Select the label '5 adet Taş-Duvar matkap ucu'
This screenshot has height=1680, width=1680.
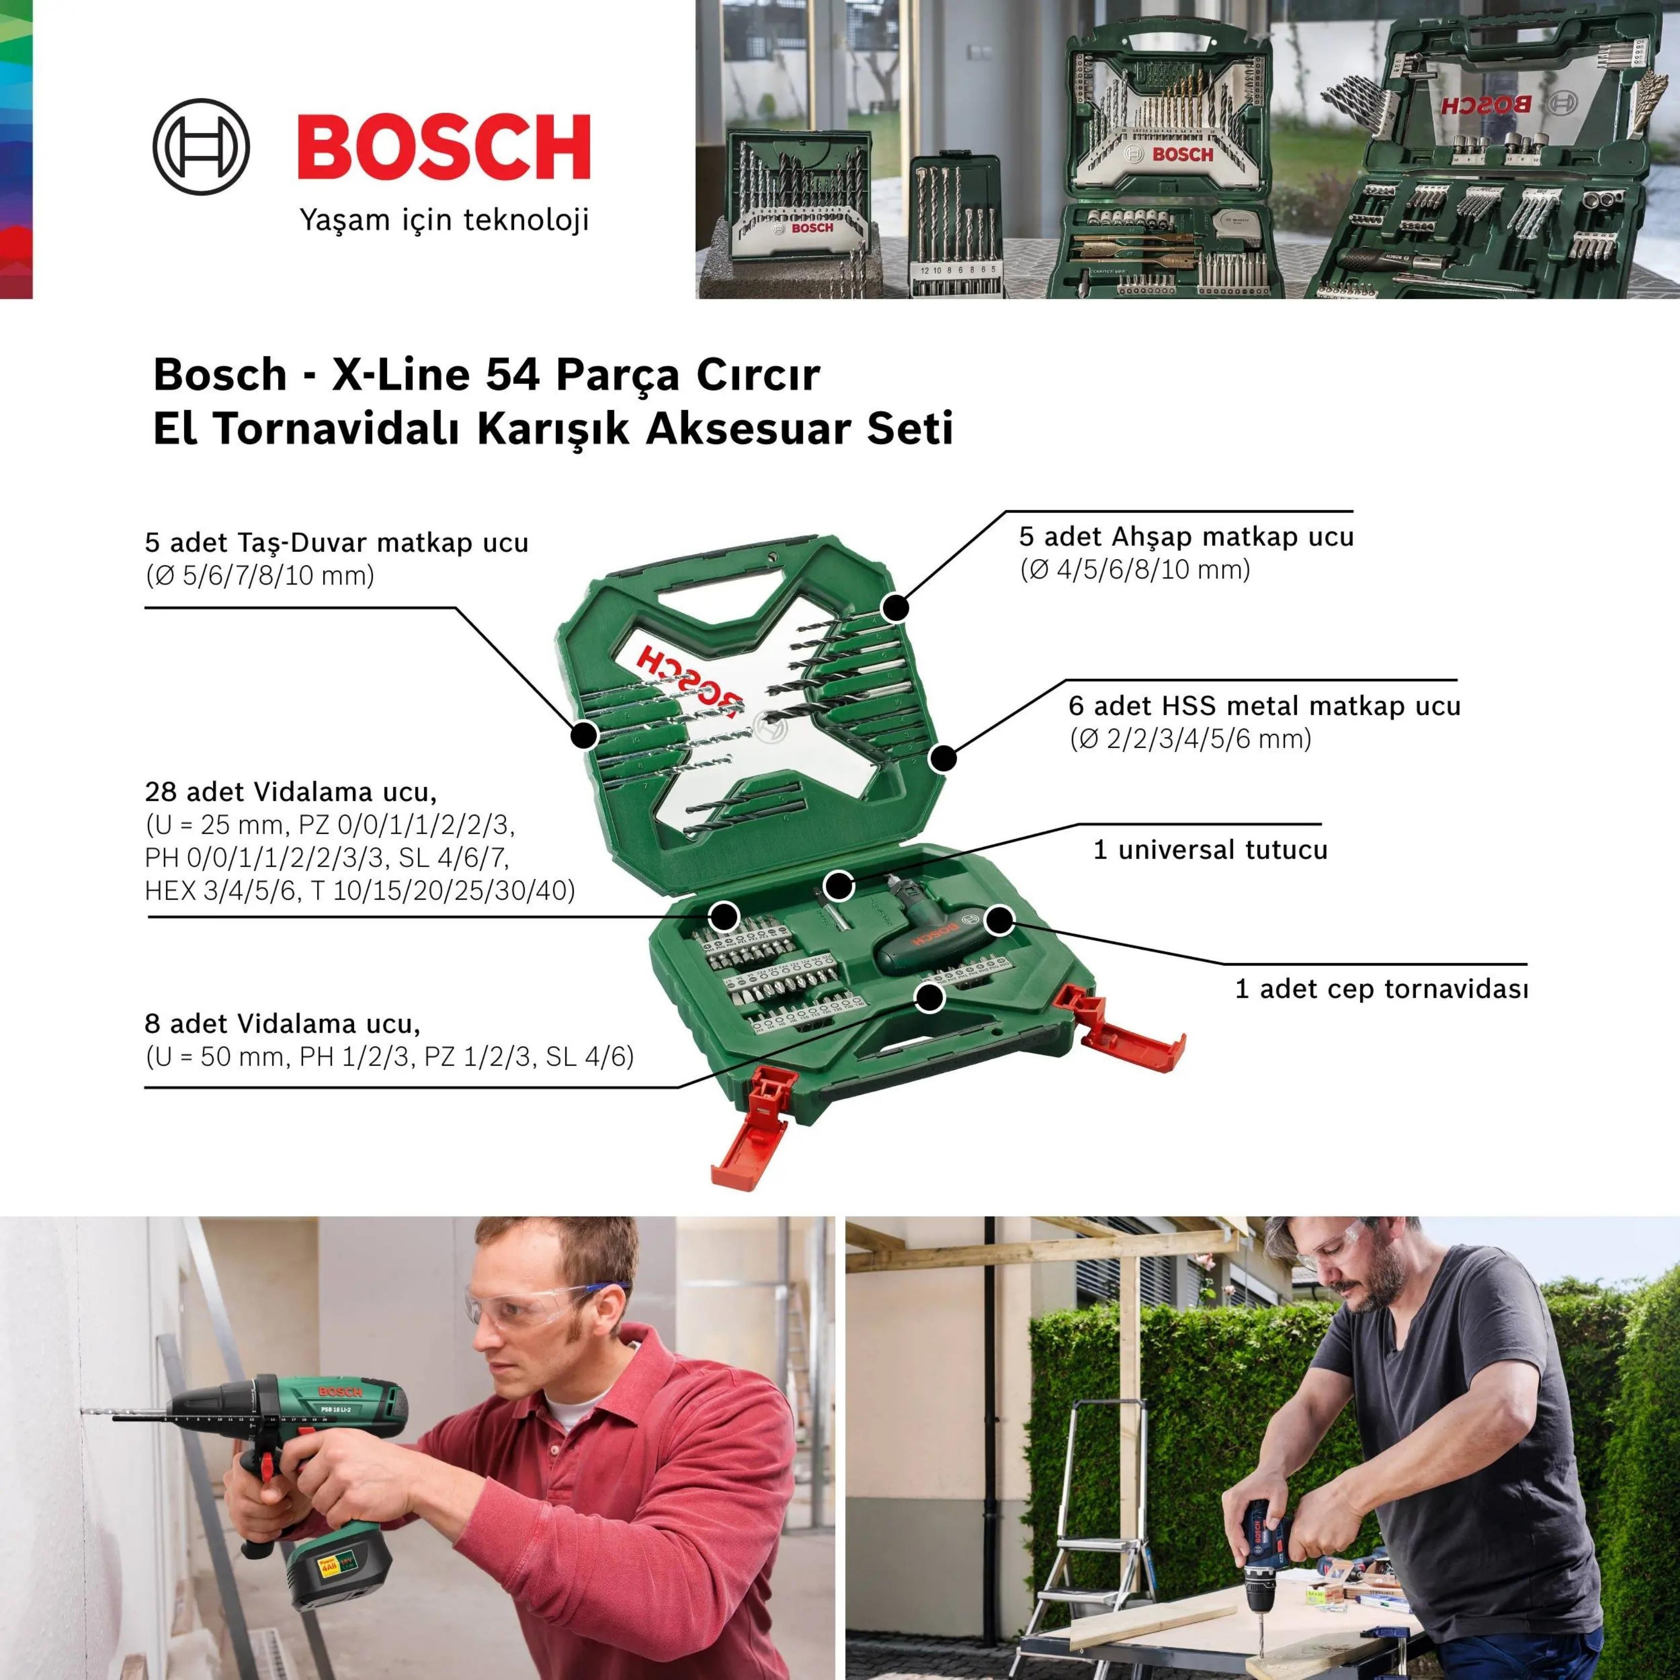pyautogui.click(x=337, y=542)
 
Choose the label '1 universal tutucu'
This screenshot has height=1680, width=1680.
pyautogui.click(x=1209, y=850)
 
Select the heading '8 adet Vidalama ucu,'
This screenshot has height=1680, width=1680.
pyautogui.click(x=282, y=1023)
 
